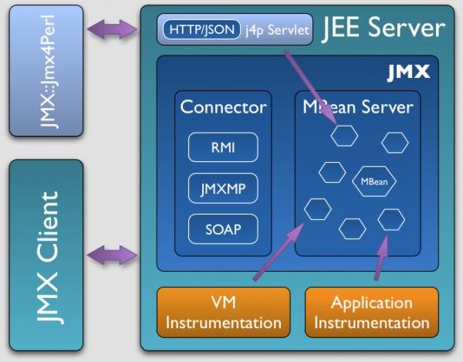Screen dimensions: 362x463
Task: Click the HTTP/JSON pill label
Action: (x=192, y=30)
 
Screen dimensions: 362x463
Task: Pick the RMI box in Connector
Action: (x=223, y=147)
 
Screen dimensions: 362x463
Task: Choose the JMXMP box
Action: (x=223, y=188)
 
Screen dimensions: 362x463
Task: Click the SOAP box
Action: (x=223, y=228)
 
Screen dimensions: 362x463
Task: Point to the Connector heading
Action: (x=223, y=107)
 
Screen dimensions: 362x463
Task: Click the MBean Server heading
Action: (x=359, y=107)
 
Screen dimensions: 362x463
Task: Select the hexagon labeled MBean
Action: (x=375, y=182)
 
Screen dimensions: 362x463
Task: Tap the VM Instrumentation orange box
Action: (x=223, y=313)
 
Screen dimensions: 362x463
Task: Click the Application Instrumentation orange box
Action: (x=372, y=313)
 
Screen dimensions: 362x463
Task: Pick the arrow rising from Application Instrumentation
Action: (x=380, y=259)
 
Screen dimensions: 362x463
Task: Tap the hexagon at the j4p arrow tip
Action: (x=344, y=137)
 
